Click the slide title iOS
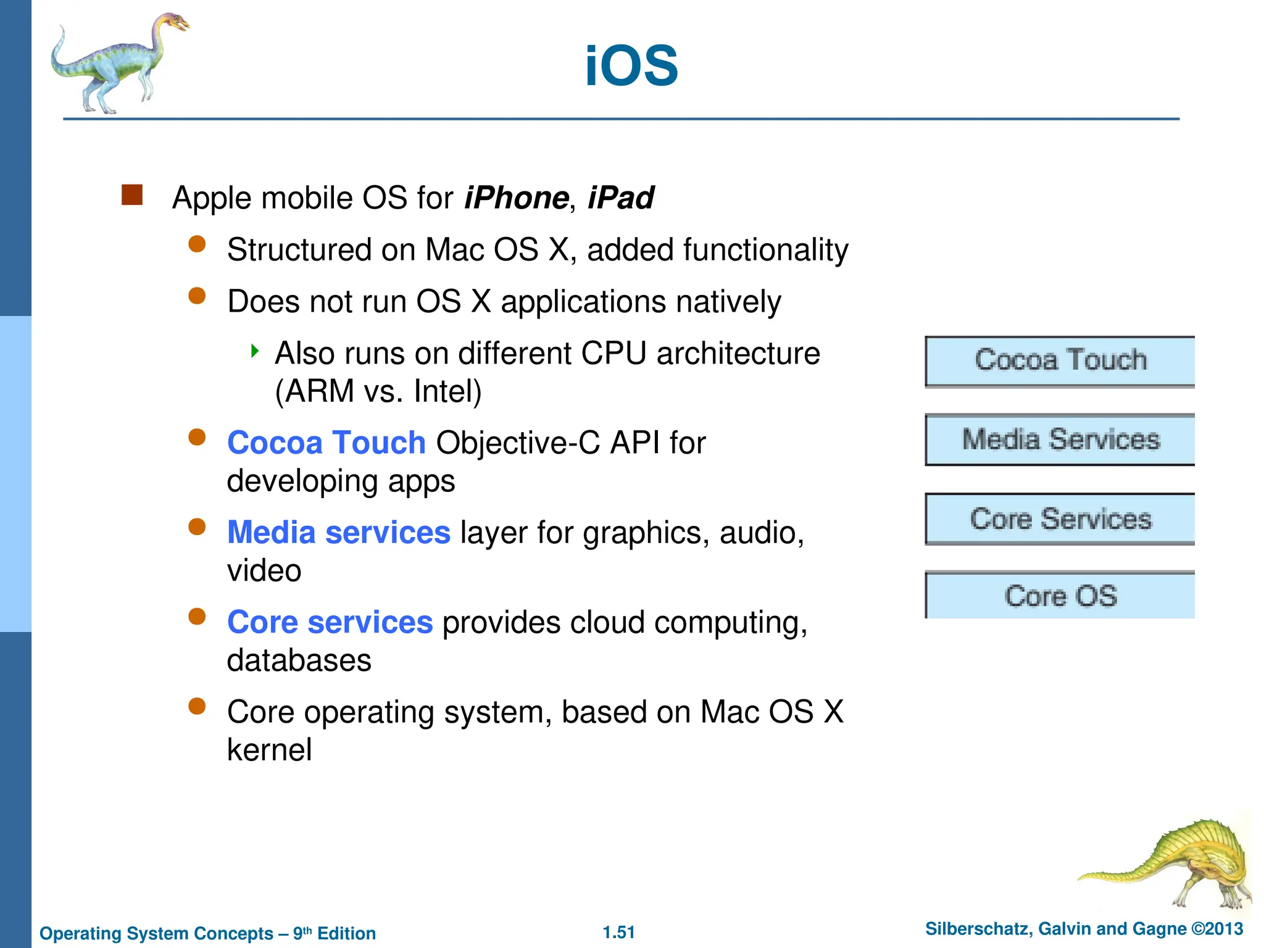pyautogui.click(x=631, y=66)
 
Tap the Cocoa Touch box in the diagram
pyautogui.click(x=1060, y=361)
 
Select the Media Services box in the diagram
pyautogui.click(x=1060, y=439)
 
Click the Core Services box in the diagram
pyautogui.click(x=1060, y=519)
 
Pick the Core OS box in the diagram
pyautogui.click(x=1060, y=596)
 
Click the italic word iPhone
pyautogui.click(x=516, y=198)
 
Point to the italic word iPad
pyautogui.click(x=620, y=198)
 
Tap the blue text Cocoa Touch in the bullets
pyautogui.click(x=326, y=443)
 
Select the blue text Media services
pyautogui.click(x=338, y=532)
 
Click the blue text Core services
pyautogui.click(x=330, y=622)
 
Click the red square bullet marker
pyautogui.click(x=132, y=195)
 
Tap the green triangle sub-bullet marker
pyautogui.click(x=254, y=352)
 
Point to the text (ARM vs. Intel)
pyautogui.click(x=378, y=391)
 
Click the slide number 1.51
pyautogui.click(x=618, y=932)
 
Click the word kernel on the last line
pyautogui.click(x=269, y=750)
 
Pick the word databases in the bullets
pyautogui.click(x=299, y=660)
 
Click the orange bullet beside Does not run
pyautogui.click(x=197, y=296)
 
